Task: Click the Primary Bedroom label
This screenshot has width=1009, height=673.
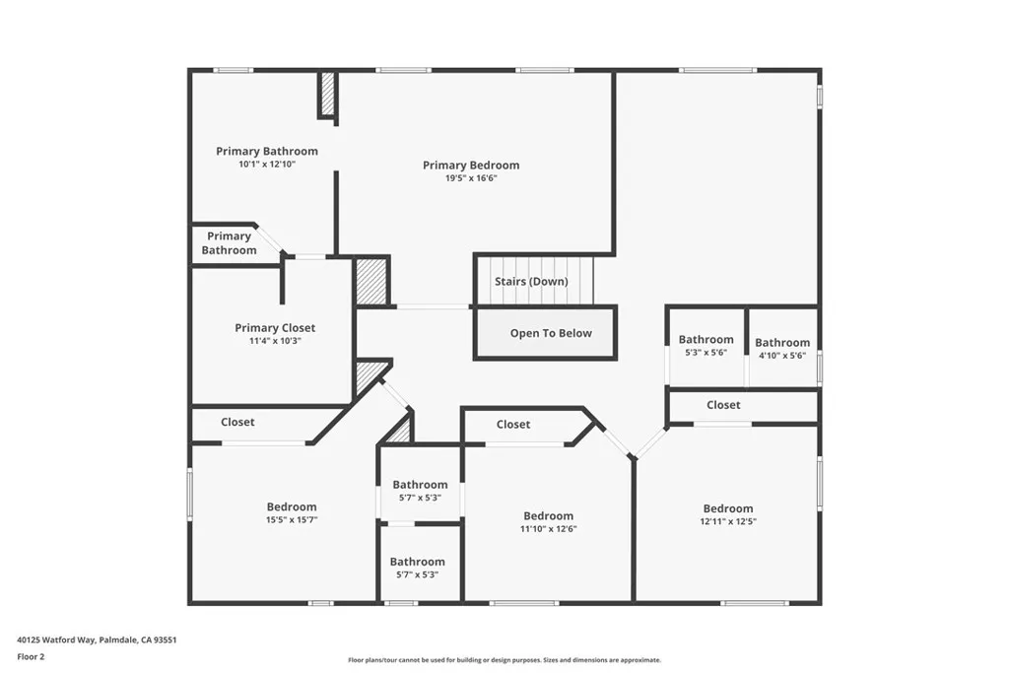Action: (471, 166)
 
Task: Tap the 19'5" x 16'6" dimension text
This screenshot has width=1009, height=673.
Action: (471, 178)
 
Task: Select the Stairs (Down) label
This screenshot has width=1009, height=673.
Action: (531, 281)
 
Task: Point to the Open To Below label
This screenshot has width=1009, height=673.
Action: (551, 333)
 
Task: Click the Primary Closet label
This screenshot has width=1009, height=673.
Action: (275, 328)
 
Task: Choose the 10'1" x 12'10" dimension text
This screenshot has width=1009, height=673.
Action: (267, 165)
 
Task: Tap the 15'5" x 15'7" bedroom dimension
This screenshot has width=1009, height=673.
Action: (292, 520)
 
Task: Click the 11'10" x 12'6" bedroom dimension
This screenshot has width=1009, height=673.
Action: (548, 529)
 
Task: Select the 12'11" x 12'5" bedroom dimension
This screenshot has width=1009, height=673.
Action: (728, 521)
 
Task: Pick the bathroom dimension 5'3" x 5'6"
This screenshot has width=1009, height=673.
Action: (706, 352)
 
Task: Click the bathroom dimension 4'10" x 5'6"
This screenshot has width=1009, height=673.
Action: (781, 355)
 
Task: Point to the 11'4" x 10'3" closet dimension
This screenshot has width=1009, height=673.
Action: (275, 341)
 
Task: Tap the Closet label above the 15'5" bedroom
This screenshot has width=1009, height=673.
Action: (237, 422)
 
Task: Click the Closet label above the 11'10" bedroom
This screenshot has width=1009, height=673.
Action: (512, 425)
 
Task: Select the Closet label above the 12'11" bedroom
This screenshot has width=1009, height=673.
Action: (723, 405)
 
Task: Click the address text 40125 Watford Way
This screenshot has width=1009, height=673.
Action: (56, 640)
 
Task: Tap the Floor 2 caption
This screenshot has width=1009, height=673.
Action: (31, 657)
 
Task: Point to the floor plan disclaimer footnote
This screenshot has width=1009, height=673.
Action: (504, 660)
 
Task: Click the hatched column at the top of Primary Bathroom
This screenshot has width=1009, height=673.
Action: (328, 95)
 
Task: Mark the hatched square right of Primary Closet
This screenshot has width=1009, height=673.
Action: (371, 281)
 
